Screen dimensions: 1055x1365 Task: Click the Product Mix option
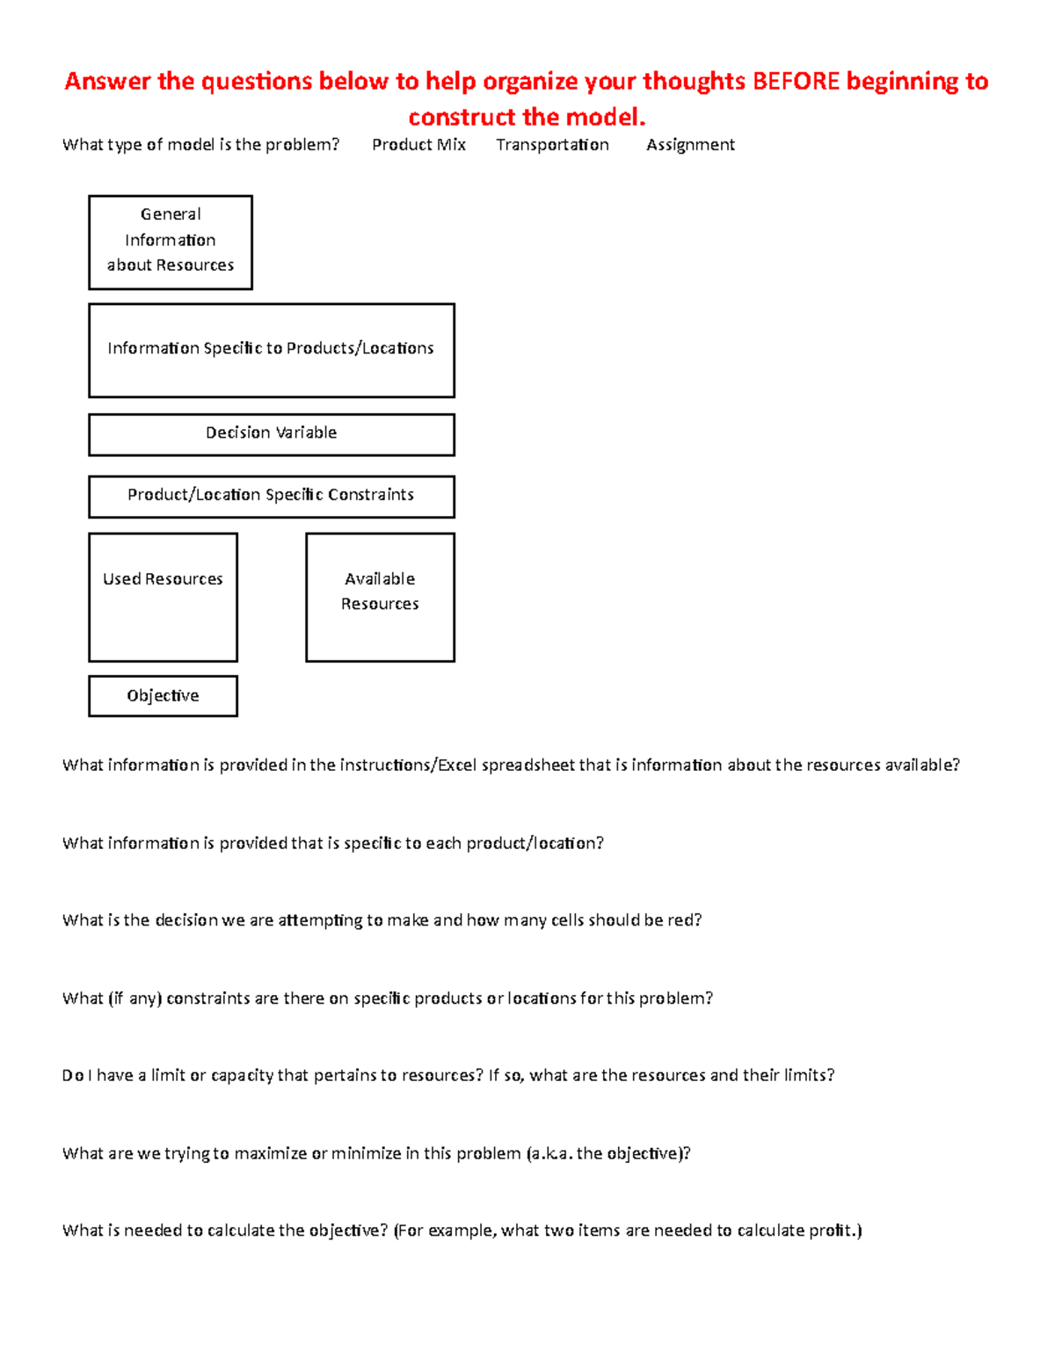point(418,145)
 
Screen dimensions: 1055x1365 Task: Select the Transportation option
point(552,145)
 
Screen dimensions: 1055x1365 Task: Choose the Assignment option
point(690,145)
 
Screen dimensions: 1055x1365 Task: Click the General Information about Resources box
point(171,242)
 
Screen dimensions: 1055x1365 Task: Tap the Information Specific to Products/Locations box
point(271,350)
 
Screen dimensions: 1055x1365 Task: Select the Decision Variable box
point(271,434)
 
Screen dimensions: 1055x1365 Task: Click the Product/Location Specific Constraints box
point(271,497)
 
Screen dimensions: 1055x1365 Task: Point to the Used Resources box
point(163,597)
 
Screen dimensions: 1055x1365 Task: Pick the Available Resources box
point(380,597)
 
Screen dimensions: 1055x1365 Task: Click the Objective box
point(163,696)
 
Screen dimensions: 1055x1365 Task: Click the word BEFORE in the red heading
point(796,82)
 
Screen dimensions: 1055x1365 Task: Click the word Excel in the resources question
point(457,766)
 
